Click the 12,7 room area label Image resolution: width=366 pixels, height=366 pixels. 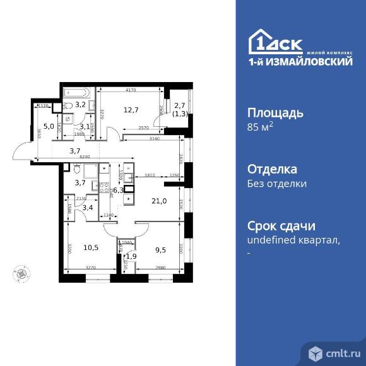coord(131,109)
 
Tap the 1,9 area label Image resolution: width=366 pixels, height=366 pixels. coord(131,256)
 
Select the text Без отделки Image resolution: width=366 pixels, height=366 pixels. coord(277,184)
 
